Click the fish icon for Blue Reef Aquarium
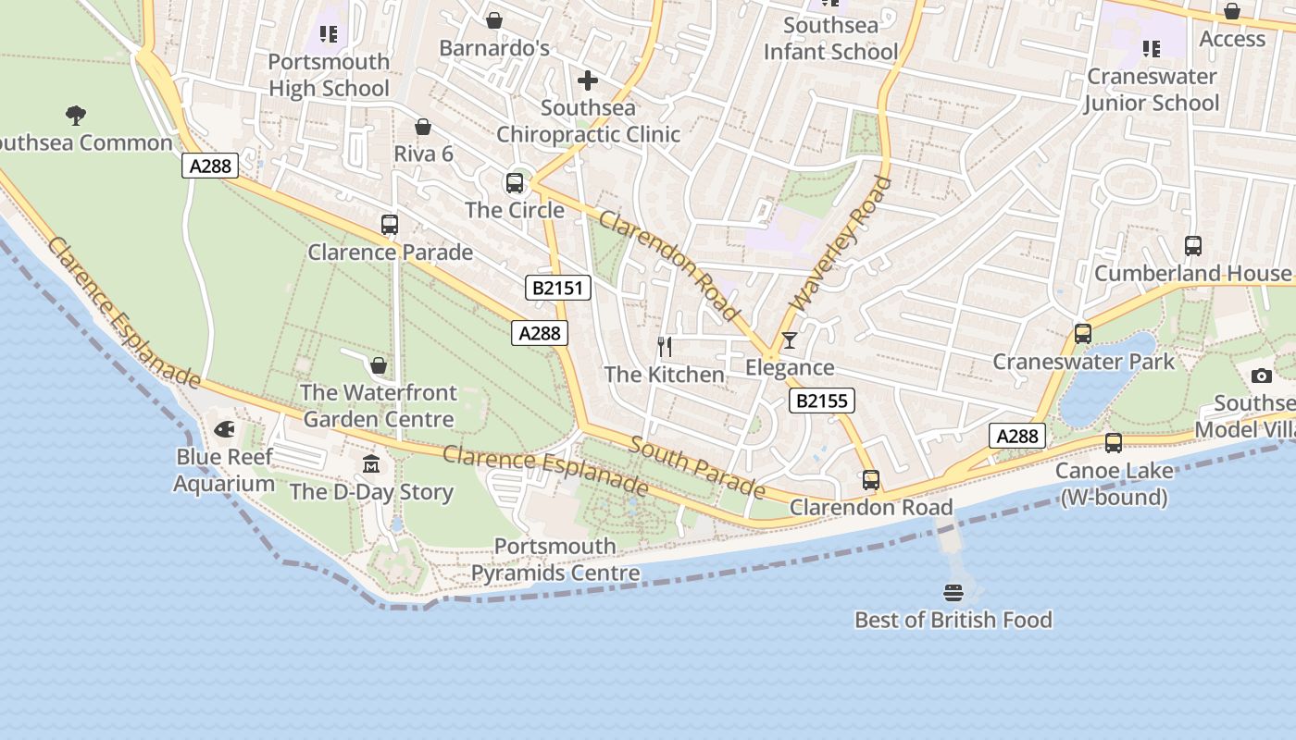point(224,429)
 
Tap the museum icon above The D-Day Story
point(371,463)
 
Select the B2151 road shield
point(558,288)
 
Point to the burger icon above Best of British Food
point(953,592)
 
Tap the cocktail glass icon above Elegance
point(789,340)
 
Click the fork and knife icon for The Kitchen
point(664,347)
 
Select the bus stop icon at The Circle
point(515,183)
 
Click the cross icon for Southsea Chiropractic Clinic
point(588,80)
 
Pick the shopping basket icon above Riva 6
point(423,127)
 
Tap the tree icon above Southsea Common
point(76,116)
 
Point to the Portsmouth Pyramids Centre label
point(555,560)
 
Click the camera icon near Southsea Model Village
point(1261,376)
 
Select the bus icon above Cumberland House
point(1193,246)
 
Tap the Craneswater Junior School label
point(1152,90)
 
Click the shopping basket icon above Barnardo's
point(494,20)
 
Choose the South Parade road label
point(697,466)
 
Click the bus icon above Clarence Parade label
point(390,225)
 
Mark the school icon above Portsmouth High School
point(329,34)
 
